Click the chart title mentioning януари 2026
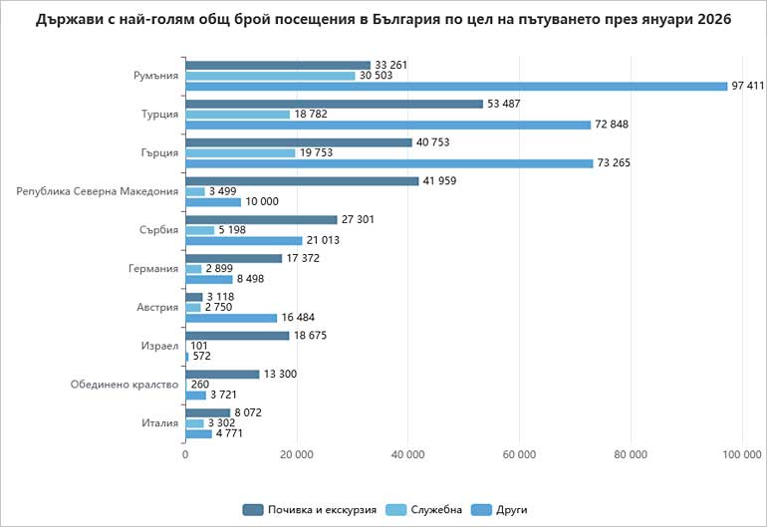point(383,19)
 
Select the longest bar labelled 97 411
point(456,86)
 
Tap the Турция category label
point(159,114)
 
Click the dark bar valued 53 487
point(335,104)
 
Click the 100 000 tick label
point(739,454)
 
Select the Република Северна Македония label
point(98,191)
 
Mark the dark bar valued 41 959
point(302,180)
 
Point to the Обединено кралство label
point(125,385)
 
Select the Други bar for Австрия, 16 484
point(231,318)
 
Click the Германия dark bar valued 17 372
point(233,258)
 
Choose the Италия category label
point(159,423)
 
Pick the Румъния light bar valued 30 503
point(270,76)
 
